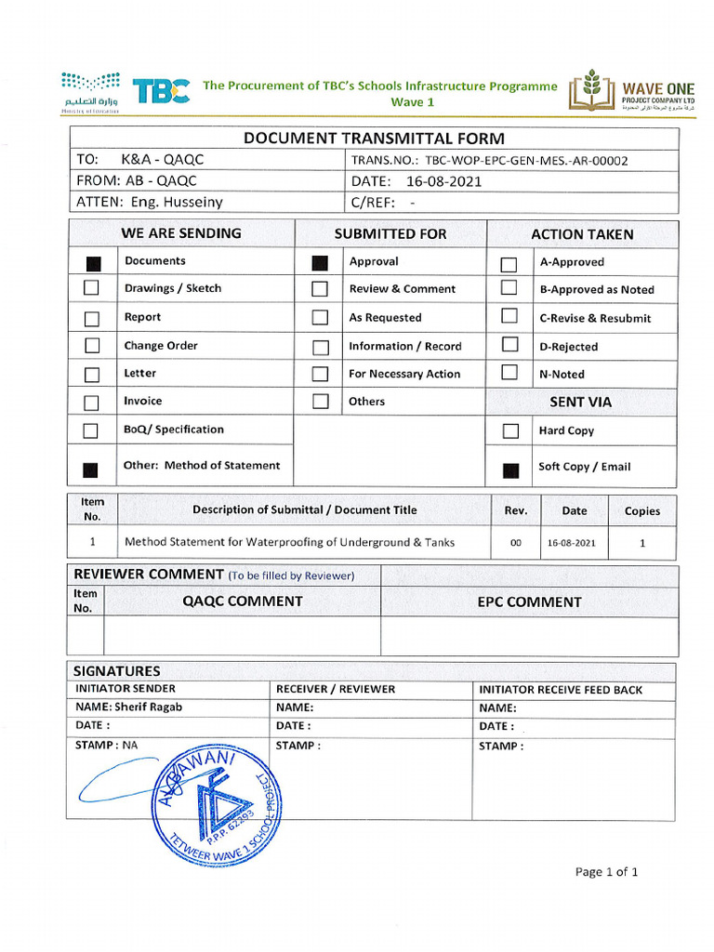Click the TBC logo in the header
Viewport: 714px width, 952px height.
[162, 90]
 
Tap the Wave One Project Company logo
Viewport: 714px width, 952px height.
[632, 91]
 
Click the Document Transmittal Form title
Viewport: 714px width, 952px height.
[374, 139]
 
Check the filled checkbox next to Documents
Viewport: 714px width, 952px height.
[92, 263]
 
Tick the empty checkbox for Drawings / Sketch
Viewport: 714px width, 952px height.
[92, 289]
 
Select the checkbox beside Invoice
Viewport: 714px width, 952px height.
[92, 403]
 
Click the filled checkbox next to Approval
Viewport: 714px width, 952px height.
[320, 263]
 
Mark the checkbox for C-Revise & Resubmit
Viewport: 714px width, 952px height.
[509, 316]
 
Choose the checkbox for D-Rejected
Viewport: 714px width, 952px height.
[509, 345]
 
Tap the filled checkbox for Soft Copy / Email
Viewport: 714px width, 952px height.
[509, 469]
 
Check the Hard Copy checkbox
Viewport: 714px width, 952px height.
[509, 431]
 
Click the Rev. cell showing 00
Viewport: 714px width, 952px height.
[516, 543]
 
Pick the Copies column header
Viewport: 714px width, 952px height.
[642, 510]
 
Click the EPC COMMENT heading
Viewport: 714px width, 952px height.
[529, 602]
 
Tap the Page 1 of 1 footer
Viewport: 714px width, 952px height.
[606, 872]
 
